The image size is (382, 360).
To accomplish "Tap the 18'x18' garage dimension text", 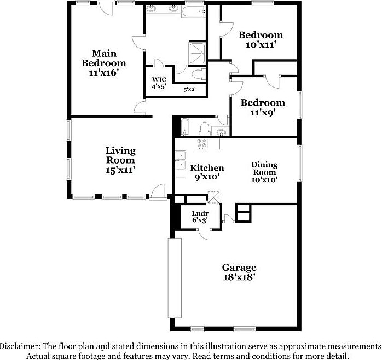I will (x=239, y=277).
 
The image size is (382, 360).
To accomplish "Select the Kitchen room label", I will (x=206, y=168).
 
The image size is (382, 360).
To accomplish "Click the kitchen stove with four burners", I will (x=201, y=144).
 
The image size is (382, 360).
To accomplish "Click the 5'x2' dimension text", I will (x=189, y=89).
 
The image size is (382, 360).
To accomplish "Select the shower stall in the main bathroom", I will (x=196, y=52).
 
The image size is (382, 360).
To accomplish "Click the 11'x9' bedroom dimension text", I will (x=263, y=113).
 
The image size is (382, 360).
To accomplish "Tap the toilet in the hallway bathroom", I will (x=204, y=129).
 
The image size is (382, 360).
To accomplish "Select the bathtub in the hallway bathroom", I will (x=184, y=127).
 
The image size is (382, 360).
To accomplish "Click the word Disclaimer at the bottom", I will (x=19, y=347).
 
